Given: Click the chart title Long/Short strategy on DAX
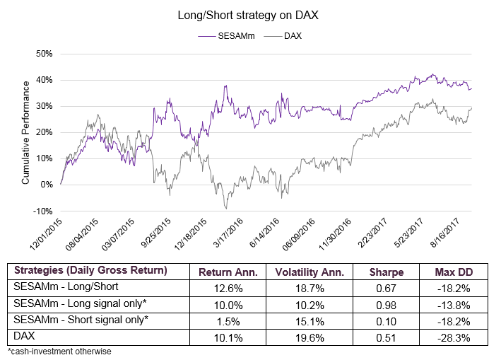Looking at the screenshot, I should click(x=251, y=15).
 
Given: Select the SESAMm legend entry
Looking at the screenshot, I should click(x=237, y=34).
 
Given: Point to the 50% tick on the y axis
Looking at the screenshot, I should click(x=45, y=54).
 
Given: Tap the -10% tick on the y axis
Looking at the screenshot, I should click(x=44, y=211).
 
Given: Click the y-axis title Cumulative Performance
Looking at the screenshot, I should click(x=25, y=132).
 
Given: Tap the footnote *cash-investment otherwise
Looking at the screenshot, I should click(x=59, y=351).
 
